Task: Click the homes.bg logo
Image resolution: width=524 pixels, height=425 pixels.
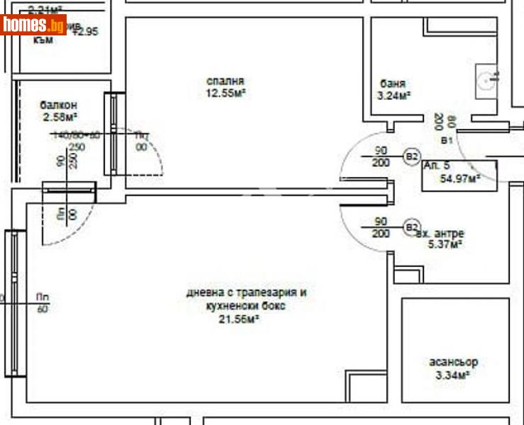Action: coord(33,25)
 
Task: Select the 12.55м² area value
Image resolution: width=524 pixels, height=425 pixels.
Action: coord(225,93)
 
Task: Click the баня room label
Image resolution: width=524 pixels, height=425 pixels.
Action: coord(393,83)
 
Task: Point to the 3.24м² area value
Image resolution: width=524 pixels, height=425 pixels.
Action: coord(395,95)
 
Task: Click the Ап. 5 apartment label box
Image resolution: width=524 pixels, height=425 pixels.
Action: coord(434,165)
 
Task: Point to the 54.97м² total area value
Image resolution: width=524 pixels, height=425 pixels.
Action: coord(459,178)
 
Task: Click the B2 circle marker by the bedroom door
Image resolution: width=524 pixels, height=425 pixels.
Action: coord(411,157)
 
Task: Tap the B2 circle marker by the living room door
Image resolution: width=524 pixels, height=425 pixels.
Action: coord(411,227)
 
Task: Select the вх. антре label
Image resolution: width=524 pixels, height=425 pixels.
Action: coord(440,234)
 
